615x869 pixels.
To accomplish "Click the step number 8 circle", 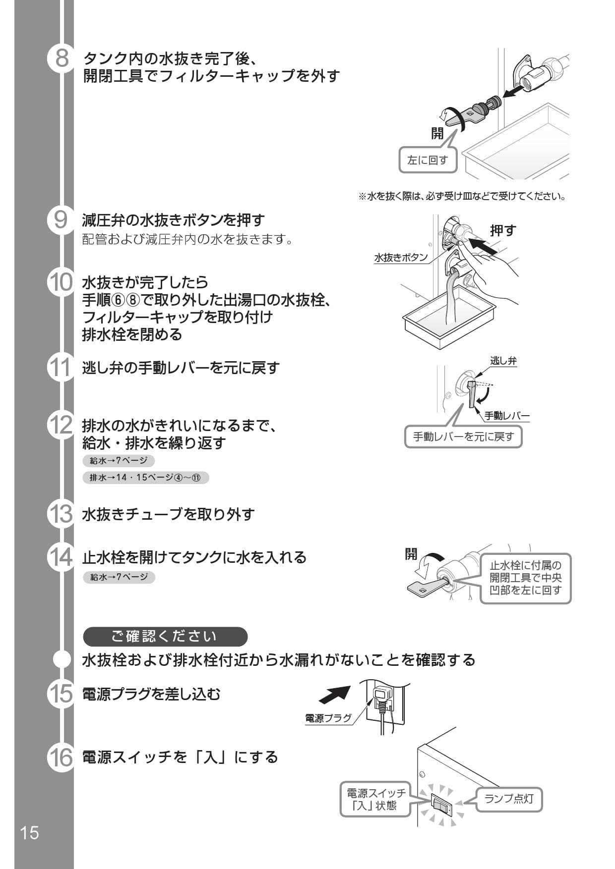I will [x=61, y=58].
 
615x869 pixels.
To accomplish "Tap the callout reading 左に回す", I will [x=428, y=160].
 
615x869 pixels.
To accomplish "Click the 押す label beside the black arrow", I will [x=503, y=230].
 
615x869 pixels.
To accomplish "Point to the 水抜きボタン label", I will [x=401, y=258].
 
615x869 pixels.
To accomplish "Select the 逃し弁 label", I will [x=503, y=361].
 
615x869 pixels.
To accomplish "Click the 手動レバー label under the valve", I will [x=506, y=416].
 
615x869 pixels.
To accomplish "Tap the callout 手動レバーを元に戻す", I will [x=463, y=437].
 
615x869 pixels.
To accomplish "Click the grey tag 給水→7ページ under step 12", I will [x=119, y=461].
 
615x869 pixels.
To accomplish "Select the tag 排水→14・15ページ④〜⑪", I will [x=145, y=478].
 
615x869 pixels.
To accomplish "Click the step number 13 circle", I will [x=61, y=514].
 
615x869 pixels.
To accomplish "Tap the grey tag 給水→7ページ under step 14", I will [x=119, y=577].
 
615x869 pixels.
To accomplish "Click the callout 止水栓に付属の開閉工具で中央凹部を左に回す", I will [x=525, y=578].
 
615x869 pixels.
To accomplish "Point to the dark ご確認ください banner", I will [x=165, y=637].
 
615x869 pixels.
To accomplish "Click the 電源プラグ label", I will [x=328, y=718].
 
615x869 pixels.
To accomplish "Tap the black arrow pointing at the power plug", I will [x=334, y=695].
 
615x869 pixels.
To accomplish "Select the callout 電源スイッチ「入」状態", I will [x=375, y=799].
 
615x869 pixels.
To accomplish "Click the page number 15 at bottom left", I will [x=29, y=832].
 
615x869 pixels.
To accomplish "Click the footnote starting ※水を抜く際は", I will [x=462, y=197].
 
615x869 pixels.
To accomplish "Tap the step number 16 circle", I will [x=61, y=758].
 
